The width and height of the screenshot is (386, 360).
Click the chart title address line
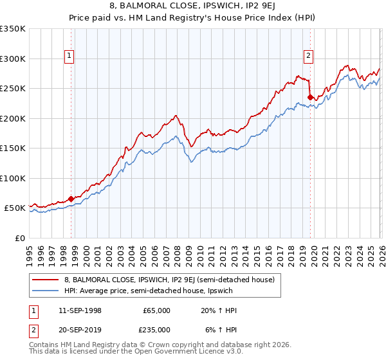tap(193, 7)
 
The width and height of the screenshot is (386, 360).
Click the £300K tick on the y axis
tap(14, 59)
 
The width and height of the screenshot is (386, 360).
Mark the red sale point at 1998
tap(70, 199)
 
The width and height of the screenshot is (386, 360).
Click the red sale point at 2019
tap(310, 98)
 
